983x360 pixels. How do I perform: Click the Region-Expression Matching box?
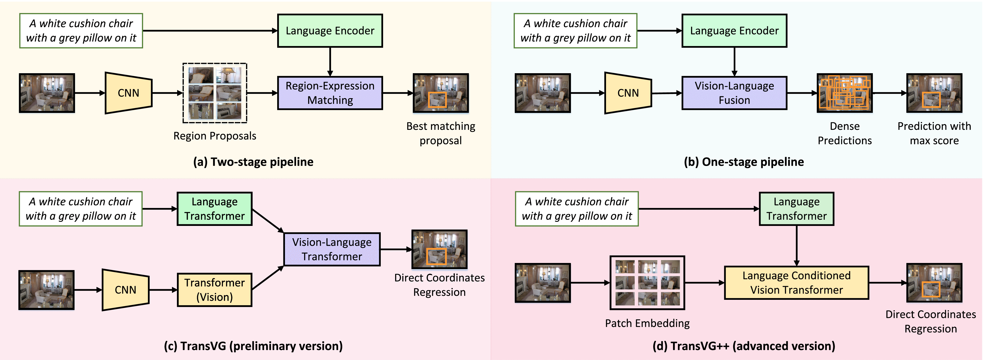pyautogui.click(x=330, y=93)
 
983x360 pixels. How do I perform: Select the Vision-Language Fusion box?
pyautogui.click(x=734, y=93)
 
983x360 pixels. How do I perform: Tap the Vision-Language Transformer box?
pyautogui.click(x=332, y=249)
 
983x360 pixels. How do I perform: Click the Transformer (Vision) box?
pyautogui.click(x=214, y=290)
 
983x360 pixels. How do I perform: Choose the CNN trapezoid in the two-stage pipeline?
pyautogui.click(x=129, y=93)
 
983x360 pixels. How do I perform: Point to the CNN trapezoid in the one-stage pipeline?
pyautogui.click(x=628, y=93)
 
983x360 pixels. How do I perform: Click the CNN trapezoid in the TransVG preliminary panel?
pyautogui.click(x=125, y=290)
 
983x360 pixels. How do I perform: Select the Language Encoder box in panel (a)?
pyautogui.click(x=330, y=30)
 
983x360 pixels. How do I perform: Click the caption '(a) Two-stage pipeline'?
pyautogui.click(x=253, y=162)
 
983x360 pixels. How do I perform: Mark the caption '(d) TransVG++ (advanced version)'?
pyautogui.click(x=743, y=346)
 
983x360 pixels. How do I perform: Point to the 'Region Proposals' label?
pyautogui.click(x=214, y=136)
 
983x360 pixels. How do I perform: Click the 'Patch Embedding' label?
pyautogui.click(x=647, y=323)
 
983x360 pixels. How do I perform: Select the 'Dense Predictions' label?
pyautogui.click(x=845, y=133)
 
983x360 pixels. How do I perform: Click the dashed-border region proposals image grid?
pyautogui.click(x=214, y=93)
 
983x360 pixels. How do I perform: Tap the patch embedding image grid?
pyautogui.click(x=647, y=283)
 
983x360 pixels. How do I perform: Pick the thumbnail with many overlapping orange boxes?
pyautogui.click(x=845, y=93)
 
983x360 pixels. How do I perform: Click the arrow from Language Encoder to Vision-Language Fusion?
pyautogui.click(x=734, y=61)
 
